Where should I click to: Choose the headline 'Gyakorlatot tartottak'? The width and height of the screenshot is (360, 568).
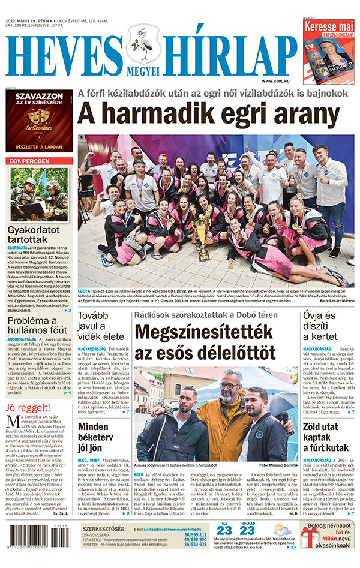(35, 236)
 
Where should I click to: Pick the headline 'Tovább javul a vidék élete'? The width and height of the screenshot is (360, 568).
(101, 329)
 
